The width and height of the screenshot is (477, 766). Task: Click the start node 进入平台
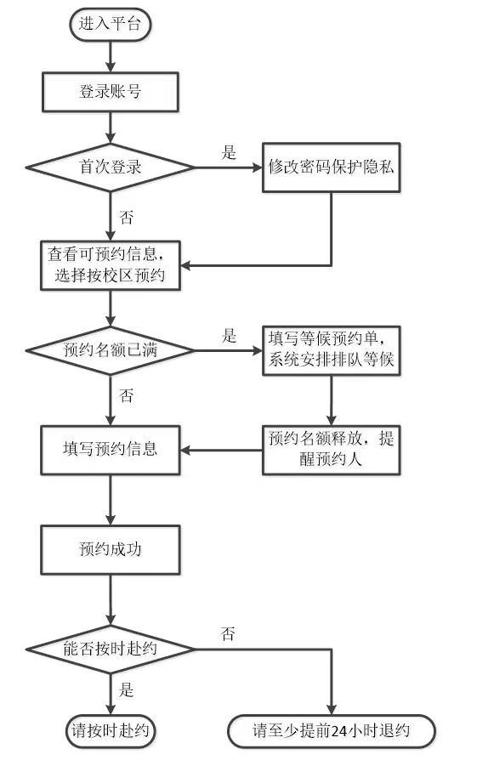110,24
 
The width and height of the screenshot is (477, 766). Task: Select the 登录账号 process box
111,92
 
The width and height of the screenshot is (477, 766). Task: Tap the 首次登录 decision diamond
111,167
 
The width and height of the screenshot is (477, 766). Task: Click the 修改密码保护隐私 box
332,167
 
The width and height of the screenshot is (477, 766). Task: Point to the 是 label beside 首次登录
229,152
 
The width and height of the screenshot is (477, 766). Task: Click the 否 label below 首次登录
126,217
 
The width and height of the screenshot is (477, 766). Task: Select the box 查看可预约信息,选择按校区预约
111,265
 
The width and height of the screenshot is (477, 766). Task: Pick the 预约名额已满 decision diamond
111,351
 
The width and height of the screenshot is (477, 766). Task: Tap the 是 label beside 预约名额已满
229,336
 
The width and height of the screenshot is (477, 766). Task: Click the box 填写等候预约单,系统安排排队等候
332,351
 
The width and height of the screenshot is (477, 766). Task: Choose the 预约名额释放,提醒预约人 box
332,450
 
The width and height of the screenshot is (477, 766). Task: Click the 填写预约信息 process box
111,450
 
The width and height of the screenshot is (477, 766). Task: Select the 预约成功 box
111,549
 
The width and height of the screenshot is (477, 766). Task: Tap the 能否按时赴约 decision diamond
111,650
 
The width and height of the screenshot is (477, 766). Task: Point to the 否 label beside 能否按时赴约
228,634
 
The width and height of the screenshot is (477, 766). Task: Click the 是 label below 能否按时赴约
126,689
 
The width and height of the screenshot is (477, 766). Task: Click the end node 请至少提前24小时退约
332,731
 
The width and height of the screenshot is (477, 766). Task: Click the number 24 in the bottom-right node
338,732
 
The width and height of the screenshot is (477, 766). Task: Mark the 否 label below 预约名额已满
126,395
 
